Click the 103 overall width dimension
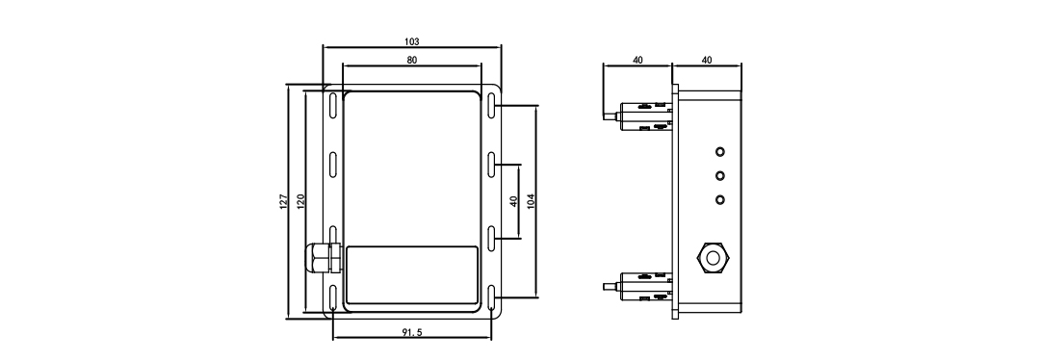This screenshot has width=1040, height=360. click(x=412, y=42)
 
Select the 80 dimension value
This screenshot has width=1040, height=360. click(x=412, y=60)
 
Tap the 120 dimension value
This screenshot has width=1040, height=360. click(x=301, y=201)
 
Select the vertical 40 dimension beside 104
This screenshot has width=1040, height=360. click(x=514, y=201)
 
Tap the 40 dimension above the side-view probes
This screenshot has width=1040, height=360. click(x=637, y=60)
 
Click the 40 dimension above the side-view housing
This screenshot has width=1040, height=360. click(x=707, y=60)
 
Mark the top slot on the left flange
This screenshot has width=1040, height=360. click(x=332, y=105)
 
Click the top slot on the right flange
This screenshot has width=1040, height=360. click(x=491, y=105)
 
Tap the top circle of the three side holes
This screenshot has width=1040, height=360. click(x=718, y=152)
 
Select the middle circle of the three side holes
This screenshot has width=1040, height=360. click(x=718, y=175)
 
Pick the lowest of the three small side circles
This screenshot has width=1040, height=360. click(x=718, y=199)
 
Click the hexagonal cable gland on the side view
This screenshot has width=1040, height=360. click(x=712, y=257)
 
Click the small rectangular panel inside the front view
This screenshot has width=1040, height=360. click(x=411, y=275)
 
